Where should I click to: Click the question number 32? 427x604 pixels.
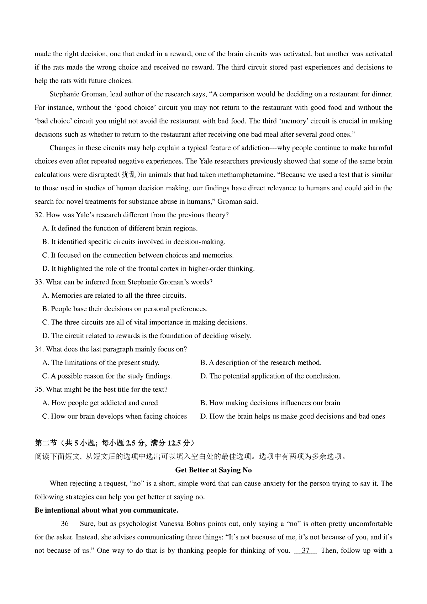click(x=39, y=215)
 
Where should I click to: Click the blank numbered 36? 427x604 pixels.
click(x=65, y=524)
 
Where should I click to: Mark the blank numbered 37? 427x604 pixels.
click(x=306, y=551)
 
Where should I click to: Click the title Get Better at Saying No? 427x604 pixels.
click(x=213, y=470)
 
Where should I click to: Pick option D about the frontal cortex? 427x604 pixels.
click(x=148, y=269)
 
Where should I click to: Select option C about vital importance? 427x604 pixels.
click(x=144, y=323)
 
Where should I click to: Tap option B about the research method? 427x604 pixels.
click(x=261, y=363)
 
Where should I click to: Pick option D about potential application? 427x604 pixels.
click(x=270, y=376)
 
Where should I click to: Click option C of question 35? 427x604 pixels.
click(x=115, y=417)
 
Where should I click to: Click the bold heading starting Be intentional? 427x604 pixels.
click(x=106, y=510)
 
